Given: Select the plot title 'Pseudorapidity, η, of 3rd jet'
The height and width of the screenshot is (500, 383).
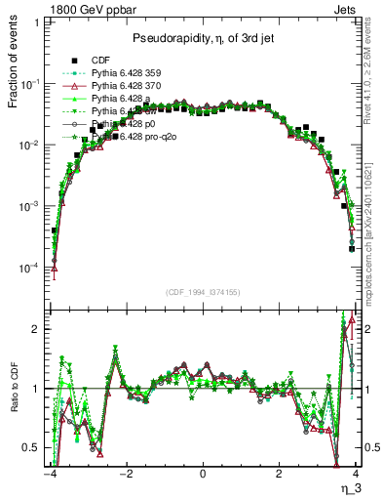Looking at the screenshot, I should (x=203, y=38).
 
